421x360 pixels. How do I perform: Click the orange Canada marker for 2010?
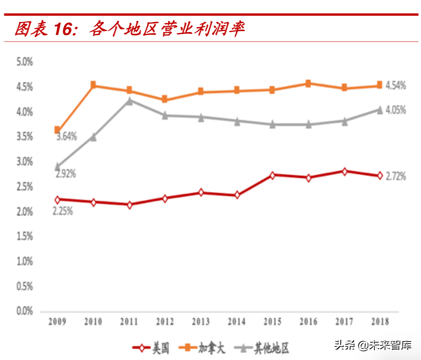93,85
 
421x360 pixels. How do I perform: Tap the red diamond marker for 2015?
273,175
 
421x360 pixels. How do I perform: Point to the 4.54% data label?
396,85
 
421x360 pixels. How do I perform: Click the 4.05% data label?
396,110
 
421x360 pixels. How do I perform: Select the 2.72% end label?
396,176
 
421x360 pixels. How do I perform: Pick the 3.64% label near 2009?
67,136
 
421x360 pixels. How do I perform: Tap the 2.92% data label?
66,174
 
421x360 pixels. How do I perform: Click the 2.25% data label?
63,211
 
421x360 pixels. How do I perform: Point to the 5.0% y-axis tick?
24,62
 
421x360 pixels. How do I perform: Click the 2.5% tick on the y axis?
24,187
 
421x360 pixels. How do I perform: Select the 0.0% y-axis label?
24,311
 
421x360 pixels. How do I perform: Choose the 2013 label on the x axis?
201,322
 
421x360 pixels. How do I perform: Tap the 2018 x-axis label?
380,322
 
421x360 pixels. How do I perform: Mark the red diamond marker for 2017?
344,171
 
